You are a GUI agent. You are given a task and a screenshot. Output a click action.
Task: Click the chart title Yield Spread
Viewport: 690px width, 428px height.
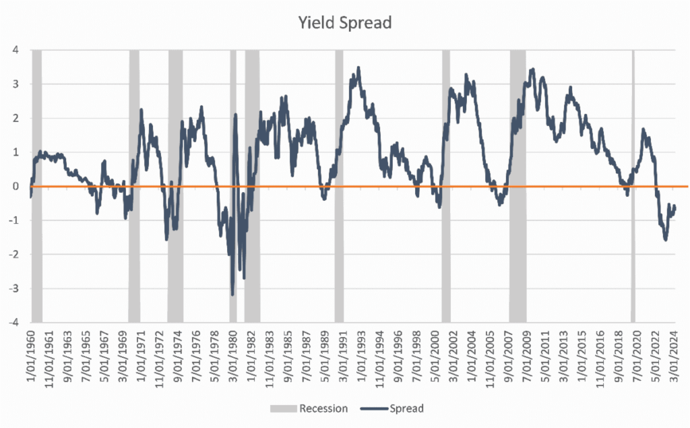coord(345,23)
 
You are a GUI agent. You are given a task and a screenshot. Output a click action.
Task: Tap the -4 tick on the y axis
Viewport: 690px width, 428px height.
coord(13,322)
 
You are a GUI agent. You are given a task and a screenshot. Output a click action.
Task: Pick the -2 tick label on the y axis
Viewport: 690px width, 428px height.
coord(13,254)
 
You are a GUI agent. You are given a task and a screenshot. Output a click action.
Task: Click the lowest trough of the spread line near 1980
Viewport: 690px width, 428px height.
coord(232,295)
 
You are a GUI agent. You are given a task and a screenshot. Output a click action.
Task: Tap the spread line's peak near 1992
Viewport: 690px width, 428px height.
coord(358,67)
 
